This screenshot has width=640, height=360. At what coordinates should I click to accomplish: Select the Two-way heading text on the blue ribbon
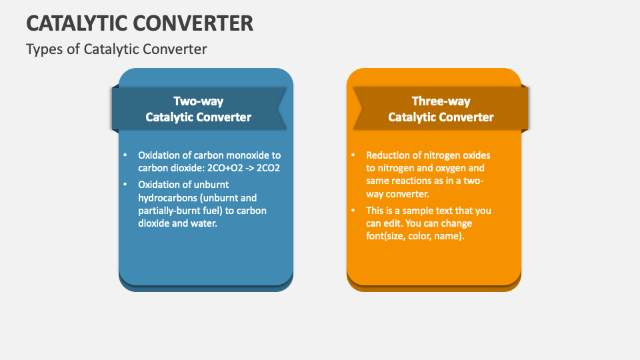(x=198, y=101)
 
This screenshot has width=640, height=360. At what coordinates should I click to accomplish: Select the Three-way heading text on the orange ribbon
(x=441, y=101)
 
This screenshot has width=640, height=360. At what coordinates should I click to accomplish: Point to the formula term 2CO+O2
(x=227, y=168)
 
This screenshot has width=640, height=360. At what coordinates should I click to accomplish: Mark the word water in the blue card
(x=223, y=224)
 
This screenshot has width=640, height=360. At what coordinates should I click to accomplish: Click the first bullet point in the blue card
(x=125, y=155)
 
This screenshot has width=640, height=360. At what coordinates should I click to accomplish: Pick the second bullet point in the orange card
(x=353, y=211)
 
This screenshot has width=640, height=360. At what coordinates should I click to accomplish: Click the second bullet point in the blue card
(x=125, y=184)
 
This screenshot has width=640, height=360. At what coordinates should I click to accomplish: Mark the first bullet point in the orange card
(x=353, y=155)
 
